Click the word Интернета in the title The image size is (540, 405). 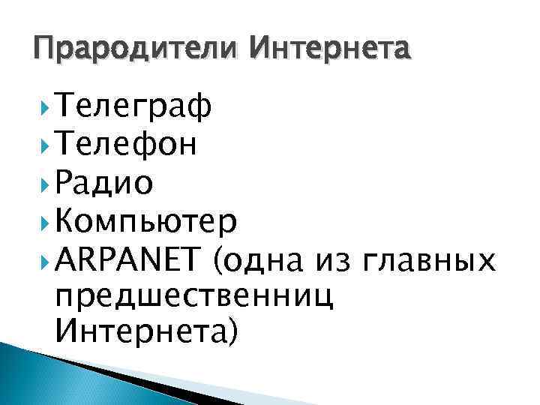(331, 50)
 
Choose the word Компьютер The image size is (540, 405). (147, 222)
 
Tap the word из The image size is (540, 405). (333, 262)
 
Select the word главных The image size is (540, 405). (428, 262)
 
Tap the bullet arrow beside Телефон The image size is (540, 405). (45, 145)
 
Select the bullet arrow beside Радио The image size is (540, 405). (45, 182)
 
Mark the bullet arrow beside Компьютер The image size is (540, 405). (45, 222)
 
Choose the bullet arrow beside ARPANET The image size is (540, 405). (45, 260)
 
